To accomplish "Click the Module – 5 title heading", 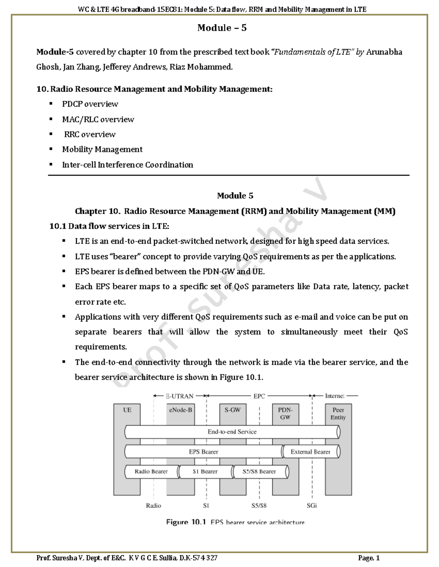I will click(222, 28).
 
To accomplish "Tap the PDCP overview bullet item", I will click(90, 104).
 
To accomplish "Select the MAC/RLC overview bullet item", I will click(98, 119).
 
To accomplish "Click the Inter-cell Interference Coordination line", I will click(127, 165).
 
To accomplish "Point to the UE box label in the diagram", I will click(127, 410).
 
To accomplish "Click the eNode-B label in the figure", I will click(180, 410).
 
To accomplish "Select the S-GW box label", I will click(233, 410).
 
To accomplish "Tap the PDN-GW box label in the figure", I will click(285, 413).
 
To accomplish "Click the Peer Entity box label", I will click(338, 413).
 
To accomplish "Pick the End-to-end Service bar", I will click(232, 432).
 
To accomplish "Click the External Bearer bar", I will click(310, 452).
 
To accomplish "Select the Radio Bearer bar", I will click(151, 471).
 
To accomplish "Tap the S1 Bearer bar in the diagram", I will click(205, 471).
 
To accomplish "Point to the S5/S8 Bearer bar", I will click(259, 471).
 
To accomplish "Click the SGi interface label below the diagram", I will click(312, 506).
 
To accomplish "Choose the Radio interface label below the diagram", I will click(153, 506).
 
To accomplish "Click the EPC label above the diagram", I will click(259, 396).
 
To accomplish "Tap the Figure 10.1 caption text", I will click(235, 522).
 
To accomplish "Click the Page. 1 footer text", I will click(369, 558).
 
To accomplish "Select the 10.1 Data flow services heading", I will click(109, 226).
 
